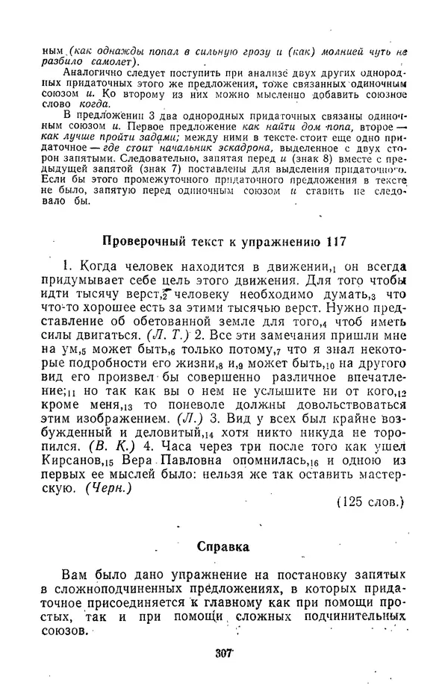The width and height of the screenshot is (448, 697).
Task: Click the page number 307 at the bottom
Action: click(224, 653)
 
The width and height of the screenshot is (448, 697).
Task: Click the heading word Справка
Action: click(223, 546)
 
